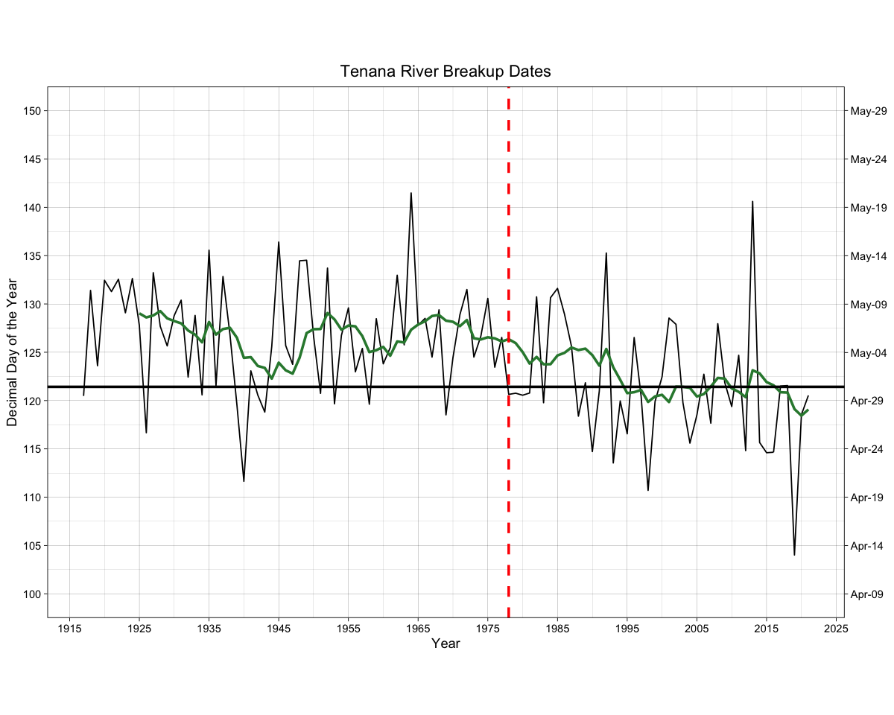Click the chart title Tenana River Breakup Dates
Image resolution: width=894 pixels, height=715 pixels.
[x=446, y=71]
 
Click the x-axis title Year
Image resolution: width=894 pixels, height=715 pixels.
[x=446, y=643]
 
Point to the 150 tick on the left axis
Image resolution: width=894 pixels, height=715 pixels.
[x=32, y=111]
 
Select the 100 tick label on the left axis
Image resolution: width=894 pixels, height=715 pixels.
[x=32, y=594]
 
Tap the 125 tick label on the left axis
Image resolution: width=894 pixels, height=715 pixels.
[x=32, y=352]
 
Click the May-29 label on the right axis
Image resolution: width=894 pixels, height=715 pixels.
[x=868, y=111]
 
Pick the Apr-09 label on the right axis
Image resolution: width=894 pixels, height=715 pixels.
[x=868, y=594]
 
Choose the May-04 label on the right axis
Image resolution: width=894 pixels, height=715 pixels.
[x=868, y=352]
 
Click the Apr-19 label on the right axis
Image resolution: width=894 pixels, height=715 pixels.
[x=868, y=498]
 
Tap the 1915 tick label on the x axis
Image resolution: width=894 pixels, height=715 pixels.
[x=69, y=628]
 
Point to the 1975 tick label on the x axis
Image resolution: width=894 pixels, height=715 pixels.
[x=487, y=628]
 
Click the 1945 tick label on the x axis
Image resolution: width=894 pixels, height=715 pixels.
[x=279, y=628]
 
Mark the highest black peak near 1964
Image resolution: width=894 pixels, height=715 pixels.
[x=410, y=193]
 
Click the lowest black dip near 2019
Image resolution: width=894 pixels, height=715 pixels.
[x=794, y=555]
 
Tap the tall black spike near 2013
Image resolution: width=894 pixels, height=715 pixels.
[x=752, y=201]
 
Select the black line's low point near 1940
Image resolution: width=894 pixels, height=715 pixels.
[x=244, y=481]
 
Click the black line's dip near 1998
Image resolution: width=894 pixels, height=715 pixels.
[x=648, y=490]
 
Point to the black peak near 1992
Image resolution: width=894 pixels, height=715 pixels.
[x=606, y=253]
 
